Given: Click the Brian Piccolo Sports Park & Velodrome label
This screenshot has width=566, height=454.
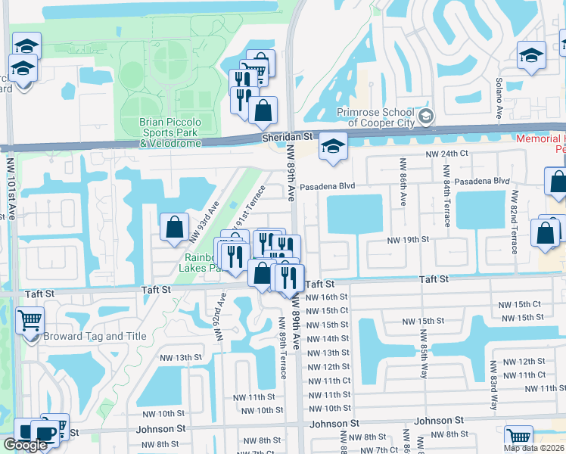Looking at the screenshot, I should pyautogui.click(x=170, y=132).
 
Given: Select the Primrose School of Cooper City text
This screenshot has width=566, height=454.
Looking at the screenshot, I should pyautogui.click(x=375, y=118).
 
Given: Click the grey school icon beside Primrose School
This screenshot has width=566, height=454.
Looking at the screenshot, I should pyautogui.click(x=426, y=116).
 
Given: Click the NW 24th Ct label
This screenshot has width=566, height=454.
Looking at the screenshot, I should pyautogui.click(x=448, y=154).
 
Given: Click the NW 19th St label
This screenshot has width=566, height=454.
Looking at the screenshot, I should pyautogui.click(x=408, y=239).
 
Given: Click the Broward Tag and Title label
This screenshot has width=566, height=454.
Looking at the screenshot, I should pyautogui.click(x=83, y=337).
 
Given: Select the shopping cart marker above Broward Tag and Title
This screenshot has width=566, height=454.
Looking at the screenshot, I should pyautogui.click(x=30, y=321).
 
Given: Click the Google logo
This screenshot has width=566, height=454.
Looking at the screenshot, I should pyautogui.click(x=25, y=445).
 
